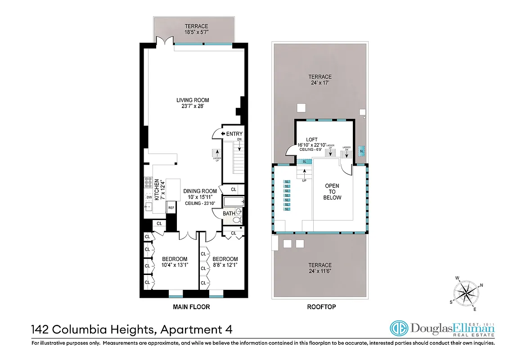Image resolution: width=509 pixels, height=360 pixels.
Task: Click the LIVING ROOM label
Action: [193, 100]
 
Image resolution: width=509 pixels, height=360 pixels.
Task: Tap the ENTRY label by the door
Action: [234, 134]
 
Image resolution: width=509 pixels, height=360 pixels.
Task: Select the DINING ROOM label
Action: [200, 191]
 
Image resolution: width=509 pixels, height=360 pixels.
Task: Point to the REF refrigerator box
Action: [171, 207]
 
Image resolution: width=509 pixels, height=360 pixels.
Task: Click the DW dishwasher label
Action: [149, 197]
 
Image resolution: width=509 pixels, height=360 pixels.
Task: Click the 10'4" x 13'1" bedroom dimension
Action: [175, 265]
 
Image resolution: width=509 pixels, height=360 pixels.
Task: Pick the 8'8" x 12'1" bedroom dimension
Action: [225, 265]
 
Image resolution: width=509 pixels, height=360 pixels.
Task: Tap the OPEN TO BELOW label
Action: [332, 192]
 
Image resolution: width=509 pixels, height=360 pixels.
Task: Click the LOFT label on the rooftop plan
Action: [311, 139]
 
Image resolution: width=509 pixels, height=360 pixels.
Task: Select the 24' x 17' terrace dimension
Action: [320, 83]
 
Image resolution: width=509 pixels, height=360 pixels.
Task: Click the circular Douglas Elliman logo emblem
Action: [398, 328]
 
